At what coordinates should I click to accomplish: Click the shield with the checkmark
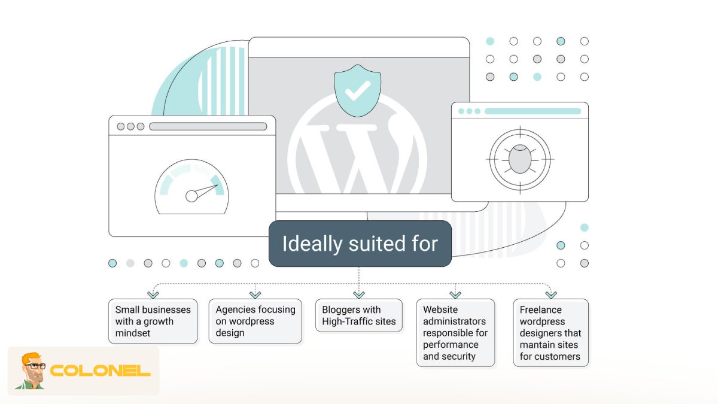357,91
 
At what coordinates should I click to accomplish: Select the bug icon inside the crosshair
520,159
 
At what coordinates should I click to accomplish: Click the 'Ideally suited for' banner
360,244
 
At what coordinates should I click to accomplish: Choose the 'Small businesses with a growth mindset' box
153,321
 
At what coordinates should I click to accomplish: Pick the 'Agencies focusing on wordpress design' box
255,321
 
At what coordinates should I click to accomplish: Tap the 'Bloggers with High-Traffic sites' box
358,315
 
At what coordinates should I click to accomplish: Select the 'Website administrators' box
455,333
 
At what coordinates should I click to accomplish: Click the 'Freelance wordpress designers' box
550,333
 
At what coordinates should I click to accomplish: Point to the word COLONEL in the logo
100,371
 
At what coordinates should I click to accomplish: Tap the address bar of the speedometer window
208,126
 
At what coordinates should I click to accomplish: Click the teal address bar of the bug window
533,111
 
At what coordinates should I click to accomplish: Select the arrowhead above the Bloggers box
359,294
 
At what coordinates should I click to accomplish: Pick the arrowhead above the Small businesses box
153,294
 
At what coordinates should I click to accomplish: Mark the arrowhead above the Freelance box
551,294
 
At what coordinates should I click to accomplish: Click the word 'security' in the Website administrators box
458,356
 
